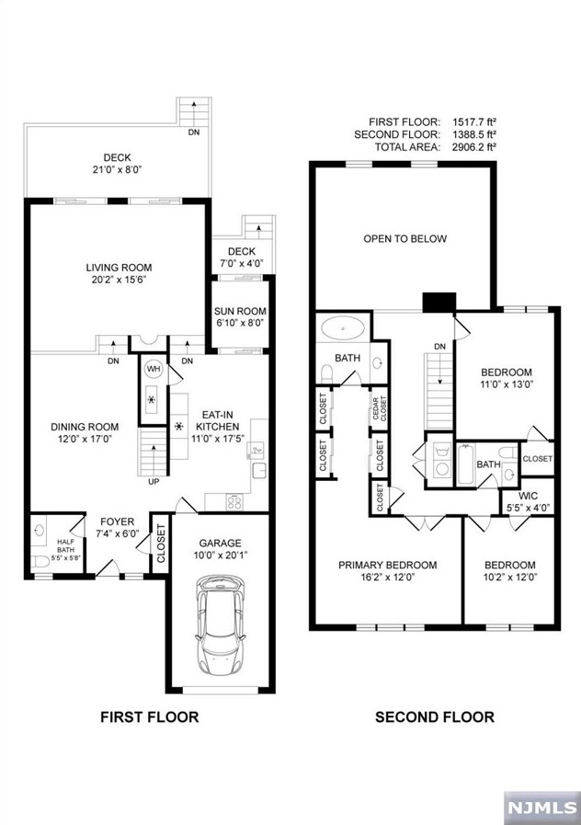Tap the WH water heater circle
point(153,369)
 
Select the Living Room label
point(119,268)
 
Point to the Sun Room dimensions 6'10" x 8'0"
point(240,323)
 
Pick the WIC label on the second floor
point(528,496)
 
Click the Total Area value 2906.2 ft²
point(474,147)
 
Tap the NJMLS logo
point(541,807)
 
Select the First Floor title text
point(150,716)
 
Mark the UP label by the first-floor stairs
point(154,481)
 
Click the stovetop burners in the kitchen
point(234,502)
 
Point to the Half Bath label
point(66,546)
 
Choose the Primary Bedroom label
point(388,565)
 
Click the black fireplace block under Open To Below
point(439,302)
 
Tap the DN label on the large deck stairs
point(194,132)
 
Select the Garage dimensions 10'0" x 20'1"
point(221,555)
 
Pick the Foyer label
point(118,521)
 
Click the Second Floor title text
point(435,716)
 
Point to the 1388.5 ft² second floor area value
point(474,134)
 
